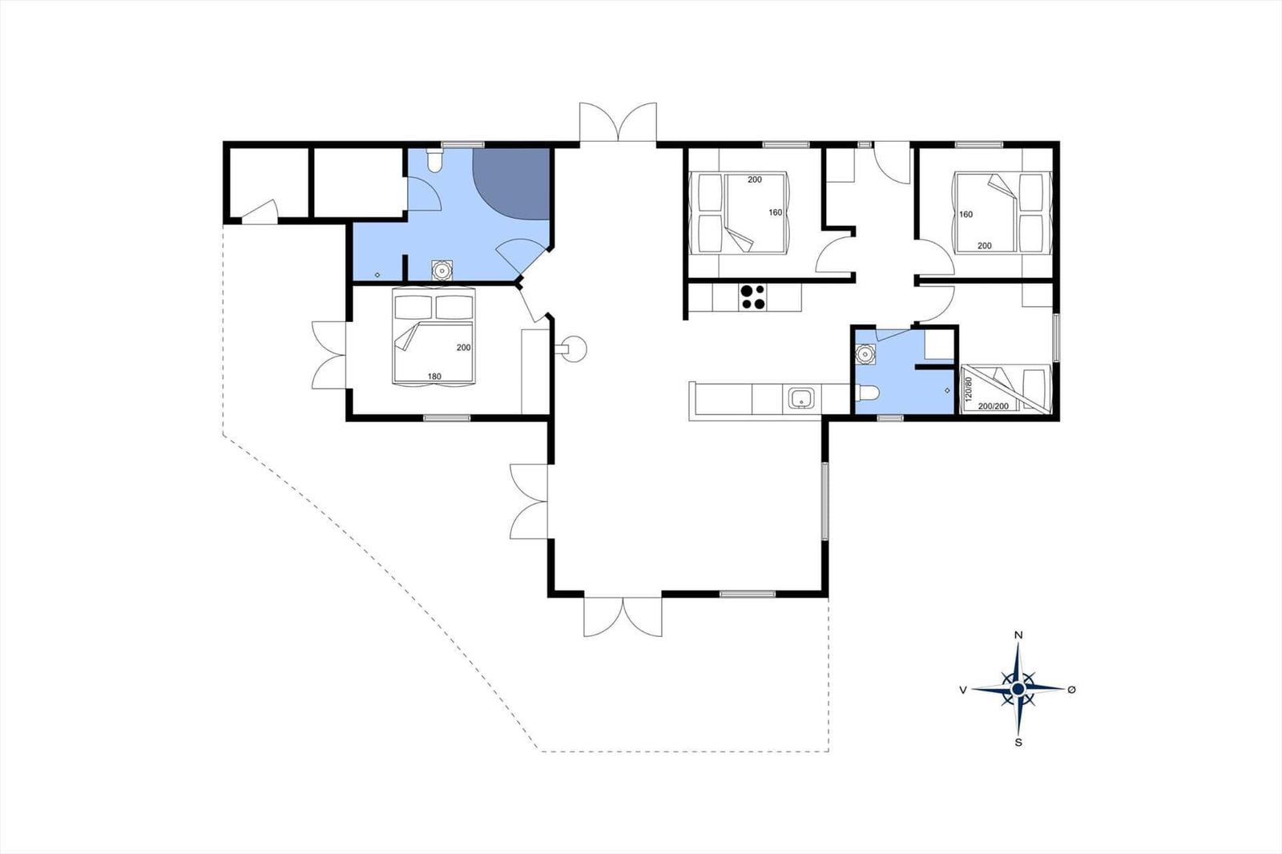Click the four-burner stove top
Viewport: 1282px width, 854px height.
752,297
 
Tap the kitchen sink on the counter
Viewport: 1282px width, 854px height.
800,398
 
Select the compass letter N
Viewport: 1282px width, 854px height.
1018,635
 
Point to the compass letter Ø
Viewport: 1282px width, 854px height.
1072,689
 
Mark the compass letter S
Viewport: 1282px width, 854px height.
1018,743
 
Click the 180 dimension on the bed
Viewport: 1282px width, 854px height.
434,377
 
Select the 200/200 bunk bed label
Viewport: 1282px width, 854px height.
994,406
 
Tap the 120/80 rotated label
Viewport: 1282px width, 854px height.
968,389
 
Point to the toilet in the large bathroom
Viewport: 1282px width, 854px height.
434,162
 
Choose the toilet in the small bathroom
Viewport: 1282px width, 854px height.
869,392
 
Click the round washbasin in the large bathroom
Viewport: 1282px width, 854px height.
441,270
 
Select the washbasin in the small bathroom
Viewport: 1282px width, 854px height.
865,352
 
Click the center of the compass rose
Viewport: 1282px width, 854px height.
1018,689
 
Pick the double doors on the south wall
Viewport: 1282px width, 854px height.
623,616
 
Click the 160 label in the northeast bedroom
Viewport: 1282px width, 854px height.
966,215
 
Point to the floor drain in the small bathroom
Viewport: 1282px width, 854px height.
947,390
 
